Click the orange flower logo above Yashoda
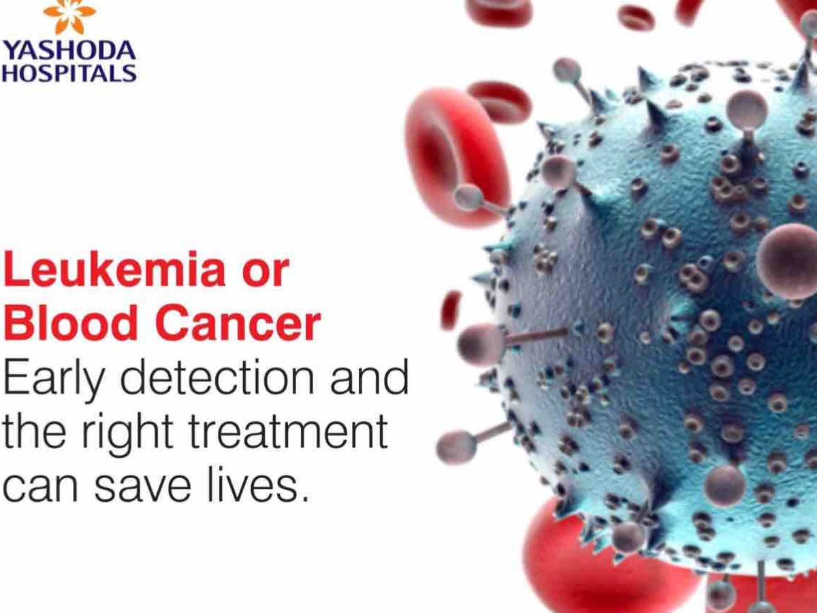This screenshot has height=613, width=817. [69, 16]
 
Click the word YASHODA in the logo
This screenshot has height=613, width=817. [69, 50]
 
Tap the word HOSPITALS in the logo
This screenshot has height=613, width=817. [69, 73]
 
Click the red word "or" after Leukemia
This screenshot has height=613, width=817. [266, 272]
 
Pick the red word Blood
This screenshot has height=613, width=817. [70, 322]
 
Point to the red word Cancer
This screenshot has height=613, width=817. [240, 322]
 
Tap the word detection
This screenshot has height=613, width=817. [217, 376]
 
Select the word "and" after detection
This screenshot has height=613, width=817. [370, 376]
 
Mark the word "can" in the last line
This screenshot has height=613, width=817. [41, 488]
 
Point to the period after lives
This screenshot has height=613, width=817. [305, 498]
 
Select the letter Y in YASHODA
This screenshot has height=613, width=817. [11, 50]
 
